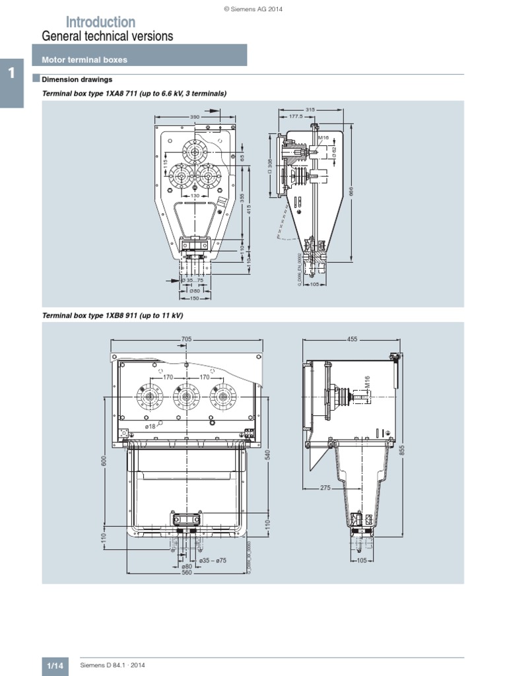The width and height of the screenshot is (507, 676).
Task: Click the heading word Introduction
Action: (x=100, y=22)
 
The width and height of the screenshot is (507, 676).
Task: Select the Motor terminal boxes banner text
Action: (x=84, y=59)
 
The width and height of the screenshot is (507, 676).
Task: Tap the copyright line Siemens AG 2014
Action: (x=253, y=8)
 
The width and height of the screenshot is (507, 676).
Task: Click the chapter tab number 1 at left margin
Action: (x=12, y=73)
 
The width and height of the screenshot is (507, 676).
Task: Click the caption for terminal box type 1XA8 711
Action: (x=134, y=94)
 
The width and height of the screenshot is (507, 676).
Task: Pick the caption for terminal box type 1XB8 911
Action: (x=112, y=316)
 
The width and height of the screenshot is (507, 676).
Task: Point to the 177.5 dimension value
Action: (x=295, y=116)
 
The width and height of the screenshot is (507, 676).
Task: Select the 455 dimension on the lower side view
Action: (x=351, y=339)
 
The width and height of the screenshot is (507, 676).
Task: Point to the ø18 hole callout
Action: (x=151, y=426)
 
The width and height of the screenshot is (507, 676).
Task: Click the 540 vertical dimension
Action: (x=268, y=456)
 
